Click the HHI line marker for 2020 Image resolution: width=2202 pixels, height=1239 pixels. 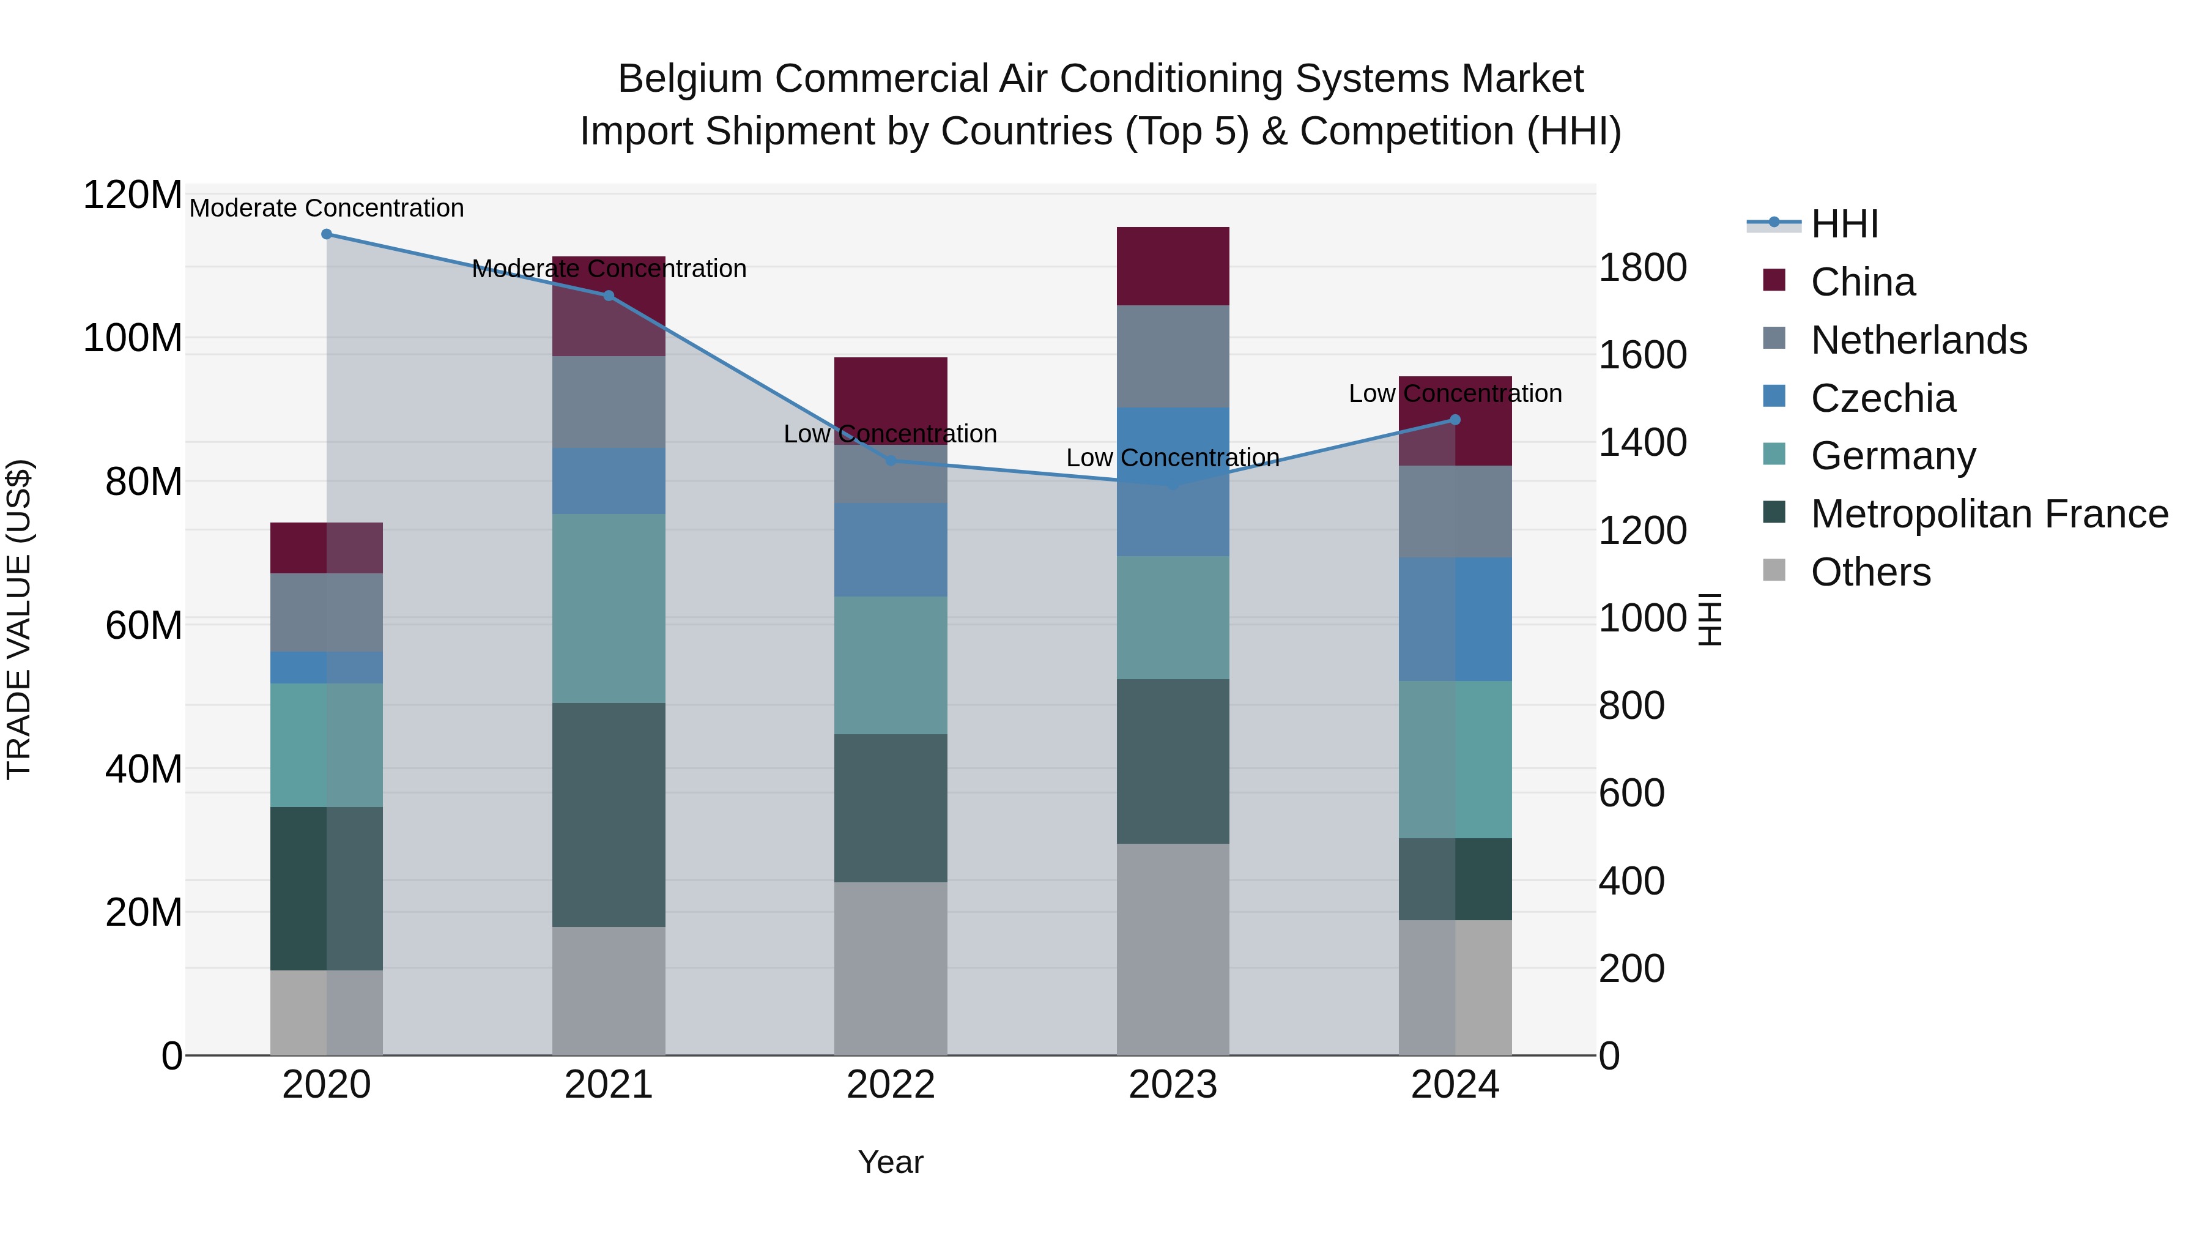coord(327,234)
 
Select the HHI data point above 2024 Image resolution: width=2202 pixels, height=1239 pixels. coord(1455,420)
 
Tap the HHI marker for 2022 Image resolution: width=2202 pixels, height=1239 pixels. coord(891,461)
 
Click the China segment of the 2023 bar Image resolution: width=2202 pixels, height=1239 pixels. coord(1173,266)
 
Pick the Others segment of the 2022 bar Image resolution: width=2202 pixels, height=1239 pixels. coord(891,968)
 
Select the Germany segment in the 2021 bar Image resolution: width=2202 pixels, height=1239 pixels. coord(609,608)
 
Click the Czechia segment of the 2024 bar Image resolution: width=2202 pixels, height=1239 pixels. coord(1455,619)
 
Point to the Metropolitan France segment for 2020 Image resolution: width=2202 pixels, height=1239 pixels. coord(327,888)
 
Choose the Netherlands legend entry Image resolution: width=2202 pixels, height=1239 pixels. coord(1918,340)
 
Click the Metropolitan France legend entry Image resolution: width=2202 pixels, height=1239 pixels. coord(1989,514)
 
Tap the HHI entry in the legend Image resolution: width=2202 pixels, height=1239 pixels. coord(1844,224)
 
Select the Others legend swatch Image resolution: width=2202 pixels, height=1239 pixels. coord(1774,570)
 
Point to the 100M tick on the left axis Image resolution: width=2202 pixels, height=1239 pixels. coord(133,338)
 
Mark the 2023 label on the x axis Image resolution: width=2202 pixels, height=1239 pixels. coord(1173,1085)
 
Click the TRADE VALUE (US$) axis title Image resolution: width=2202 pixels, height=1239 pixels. coord(19,619)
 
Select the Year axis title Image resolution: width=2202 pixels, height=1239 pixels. coord(891,1162)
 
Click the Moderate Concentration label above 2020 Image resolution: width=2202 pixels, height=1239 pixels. coord(327,208)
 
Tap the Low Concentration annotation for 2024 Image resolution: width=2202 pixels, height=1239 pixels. coord(1455,393)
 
